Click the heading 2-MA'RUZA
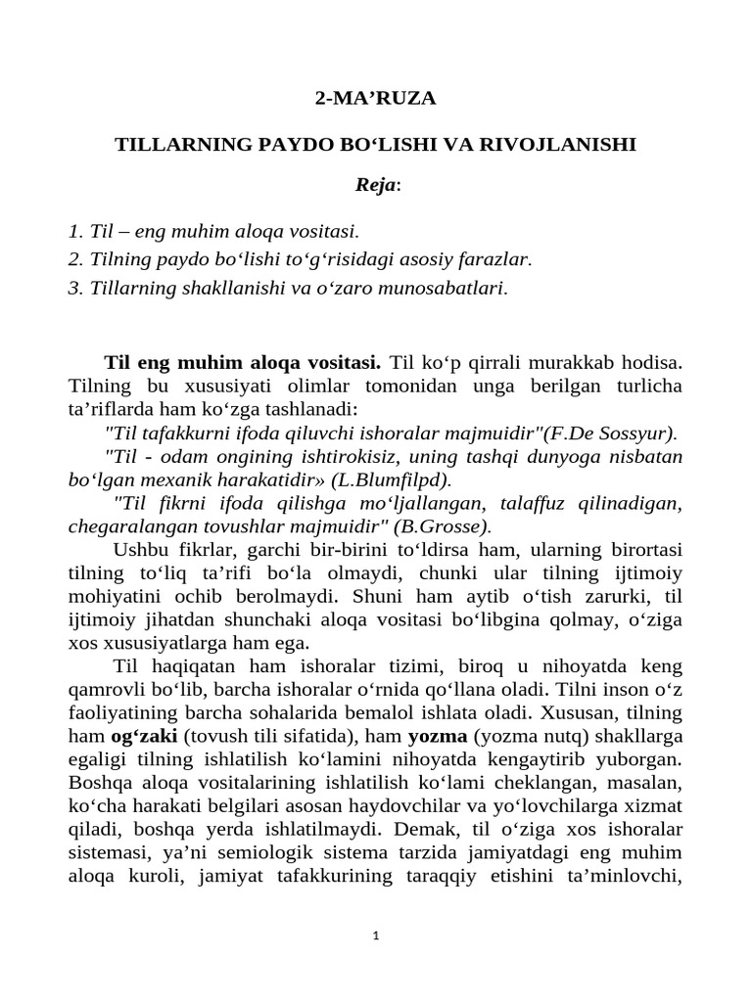(x=375, y=99)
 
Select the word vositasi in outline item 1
(x=319, y=232)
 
